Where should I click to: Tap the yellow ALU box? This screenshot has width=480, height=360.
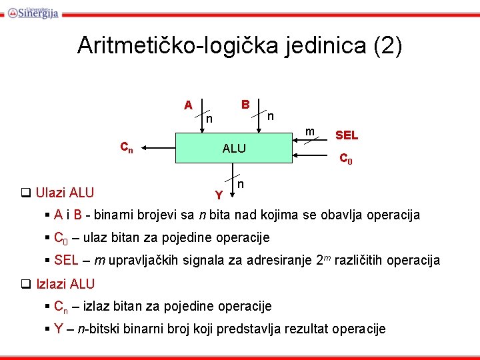[x=233, y=148]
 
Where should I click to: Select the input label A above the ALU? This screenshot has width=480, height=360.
[x=188, y=105]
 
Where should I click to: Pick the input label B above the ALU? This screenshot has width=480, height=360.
[x=245, y=105]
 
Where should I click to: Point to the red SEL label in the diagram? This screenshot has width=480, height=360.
[x=347, y=135]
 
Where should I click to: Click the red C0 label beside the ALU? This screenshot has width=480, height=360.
[x=345, y=159]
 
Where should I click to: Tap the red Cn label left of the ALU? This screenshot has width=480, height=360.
[x=126, y=148]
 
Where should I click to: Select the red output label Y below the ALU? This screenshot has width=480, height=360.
[x=219, y=195]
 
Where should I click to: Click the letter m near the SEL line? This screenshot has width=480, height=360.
[x=310, y=131]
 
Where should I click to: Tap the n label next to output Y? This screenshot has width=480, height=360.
[x=241, y=183]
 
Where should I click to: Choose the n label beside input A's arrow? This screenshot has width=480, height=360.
[x=209, y=119]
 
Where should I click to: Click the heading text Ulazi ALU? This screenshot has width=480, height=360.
[x=64, y=193]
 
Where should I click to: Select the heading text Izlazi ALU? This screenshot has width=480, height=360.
[x=65, y=283]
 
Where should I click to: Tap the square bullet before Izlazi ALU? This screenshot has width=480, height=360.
[x=26, y=284]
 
